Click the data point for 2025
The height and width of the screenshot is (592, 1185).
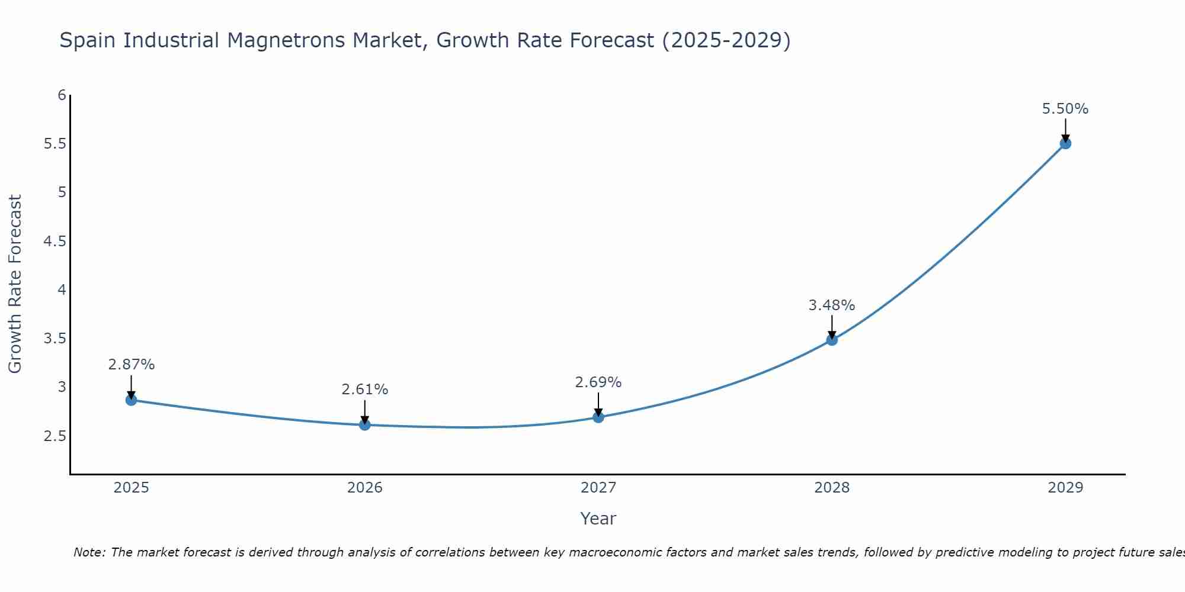[x=131, y=400]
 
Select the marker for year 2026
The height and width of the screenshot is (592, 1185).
[x=364, y=424]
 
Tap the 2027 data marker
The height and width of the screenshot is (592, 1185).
[x=598, y=417]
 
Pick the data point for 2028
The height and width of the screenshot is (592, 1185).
[x=831, y=340]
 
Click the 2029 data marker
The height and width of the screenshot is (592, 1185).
[x=1065, y=143]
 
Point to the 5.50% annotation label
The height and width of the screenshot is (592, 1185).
[x=1065, y=109]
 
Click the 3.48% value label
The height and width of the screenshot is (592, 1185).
[x=831, y=305]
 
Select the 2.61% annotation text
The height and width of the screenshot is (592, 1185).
[x=364, y=390]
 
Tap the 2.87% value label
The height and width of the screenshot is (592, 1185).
[x=131, y=365]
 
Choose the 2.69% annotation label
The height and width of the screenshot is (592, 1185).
[x=598, y=382]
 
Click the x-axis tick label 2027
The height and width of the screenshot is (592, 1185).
[x=598, y=488]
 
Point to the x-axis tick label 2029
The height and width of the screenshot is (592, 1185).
[x=1065, y=488]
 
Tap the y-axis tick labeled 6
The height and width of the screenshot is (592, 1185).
[x=62, y=95]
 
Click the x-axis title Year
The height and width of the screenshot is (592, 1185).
[x=598, y=519]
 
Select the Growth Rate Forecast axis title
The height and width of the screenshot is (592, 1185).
[x=15, y=284]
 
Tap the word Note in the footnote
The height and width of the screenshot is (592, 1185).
[x=88, y=552]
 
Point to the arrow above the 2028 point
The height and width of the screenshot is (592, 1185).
[x=831, y=326]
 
